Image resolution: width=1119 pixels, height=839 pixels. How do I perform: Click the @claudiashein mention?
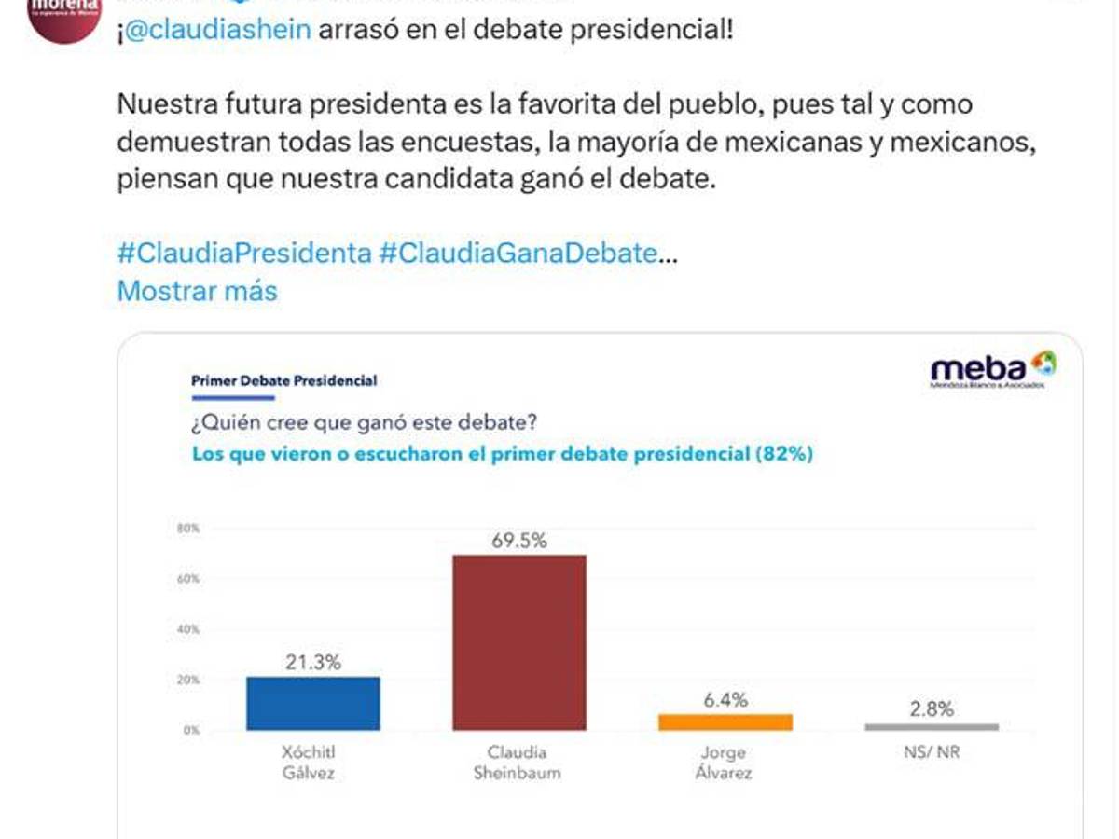click(217, 31)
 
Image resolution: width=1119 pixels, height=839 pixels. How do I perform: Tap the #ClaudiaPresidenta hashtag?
click(244, 253)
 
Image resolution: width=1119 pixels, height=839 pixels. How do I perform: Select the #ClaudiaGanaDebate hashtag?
click(518, 253)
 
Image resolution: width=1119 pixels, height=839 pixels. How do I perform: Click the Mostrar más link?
click(197, 291)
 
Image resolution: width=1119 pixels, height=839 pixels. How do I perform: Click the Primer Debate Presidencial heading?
click(283, 380)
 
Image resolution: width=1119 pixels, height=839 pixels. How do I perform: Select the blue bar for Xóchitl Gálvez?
click(313, 703)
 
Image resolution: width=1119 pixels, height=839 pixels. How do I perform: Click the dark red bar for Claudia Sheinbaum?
click(519, 642)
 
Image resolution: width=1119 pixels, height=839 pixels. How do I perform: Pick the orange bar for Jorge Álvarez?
click(725, 722)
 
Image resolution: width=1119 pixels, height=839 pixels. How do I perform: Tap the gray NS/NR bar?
click(932, 726)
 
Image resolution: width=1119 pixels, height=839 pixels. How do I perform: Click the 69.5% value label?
click(519, 540)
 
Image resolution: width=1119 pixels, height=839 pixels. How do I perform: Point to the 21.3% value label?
click(313, 663)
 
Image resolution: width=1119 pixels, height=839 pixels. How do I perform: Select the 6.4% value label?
click(725, 700)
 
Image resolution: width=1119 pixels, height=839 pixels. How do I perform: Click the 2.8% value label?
click(932, 708)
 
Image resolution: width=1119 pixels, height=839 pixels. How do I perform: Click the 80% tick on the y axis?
click(188, 529)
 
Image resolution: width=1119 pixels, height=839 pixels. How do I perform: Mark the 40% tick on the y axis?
click(188, 629)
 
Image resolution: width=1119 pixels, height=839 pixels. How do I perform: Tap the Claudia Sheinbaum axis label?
click(519, 762)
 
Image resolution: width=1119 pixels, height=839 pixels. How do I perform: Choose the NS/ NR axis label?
click(932, 752)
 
